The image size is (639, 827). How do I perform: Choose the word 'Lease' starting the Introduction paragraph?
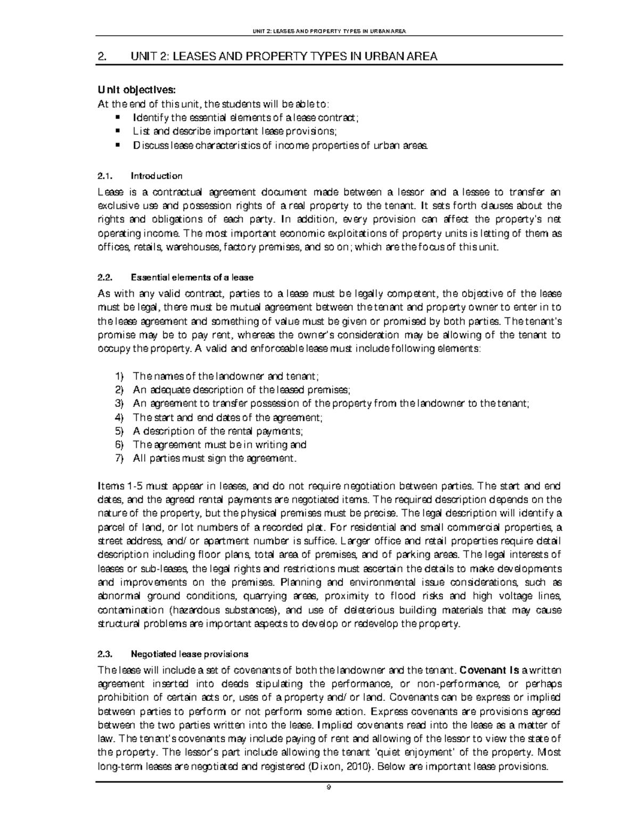[x=110, y=192]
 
